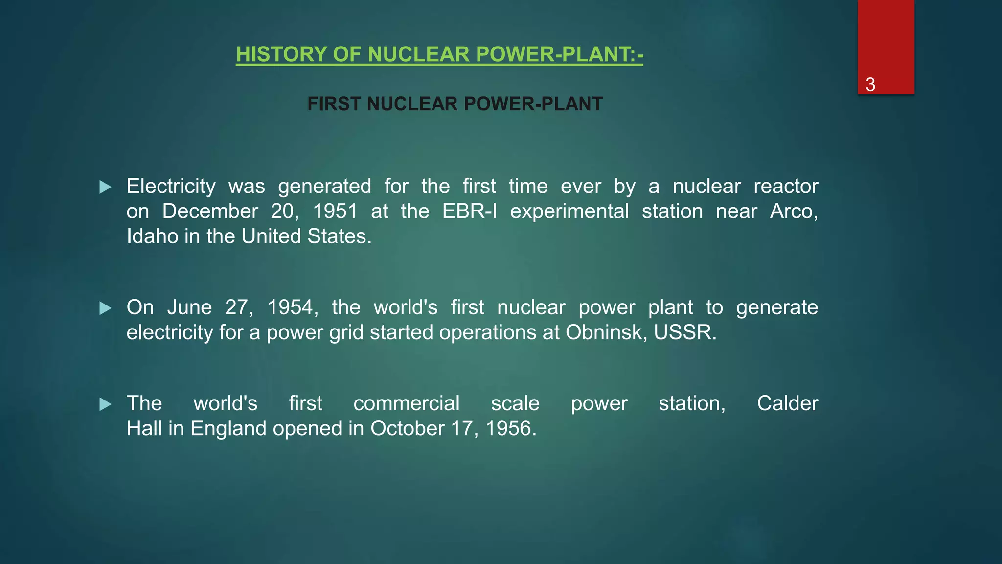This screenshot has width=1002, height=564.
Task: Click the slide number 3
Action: tap(870, 85)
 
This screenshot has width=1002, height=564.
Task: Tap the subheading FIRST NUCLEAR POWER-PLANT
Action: tap(455, 104)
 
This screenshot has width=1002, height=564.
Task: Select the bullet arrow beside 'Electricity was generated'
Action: tap(105, 187)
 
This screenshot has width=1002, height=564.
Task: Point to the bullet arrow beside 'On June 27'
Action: tap(105, 308)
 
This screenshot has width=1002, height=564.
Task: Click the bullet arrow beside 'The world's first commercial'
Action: tap(105, 404)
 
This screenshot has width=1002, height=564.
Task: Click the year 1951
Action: tap(335, 211)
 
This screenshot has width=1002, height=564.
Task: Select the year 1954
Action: tap(292, 308)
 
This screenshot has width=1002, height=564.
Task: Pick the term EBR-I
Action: tap(469, 211)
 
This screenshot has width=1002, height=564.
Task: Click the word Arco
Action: tap(793, 211)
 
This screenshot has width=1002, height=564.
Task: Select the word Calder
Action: tap(787, 404)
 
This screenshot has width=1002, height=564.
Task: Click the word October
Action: tap(407, 429)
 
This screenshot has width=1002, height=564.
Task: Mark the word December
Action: tap(210, 211)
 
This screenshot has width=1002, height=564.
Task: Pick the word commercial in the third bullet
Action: tap(406, 404)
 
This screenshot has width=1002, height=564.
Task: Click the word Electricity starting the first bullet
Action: tap(171, 187)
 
